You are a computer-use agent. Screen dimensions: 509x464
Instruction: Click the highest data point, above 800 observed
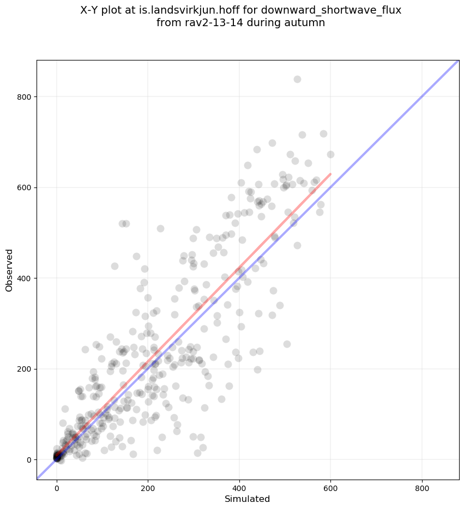click(x=297, y=79)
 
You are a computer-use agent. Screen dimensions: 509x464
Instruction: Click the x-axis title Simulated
click(x=248, y=499)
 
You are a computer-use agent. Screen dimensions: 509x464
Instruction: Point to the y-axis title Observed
click(x=9, y=270)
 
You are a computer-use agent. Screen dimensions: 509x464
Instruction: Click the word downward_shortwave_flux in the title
click(x=338, y=10)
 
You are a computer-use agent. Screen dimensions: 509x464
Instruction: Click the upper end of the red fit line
click(x=330, y=174)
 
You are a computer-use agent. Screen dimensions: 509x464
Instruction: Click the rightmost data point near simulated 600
click(x=330, y=154)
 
